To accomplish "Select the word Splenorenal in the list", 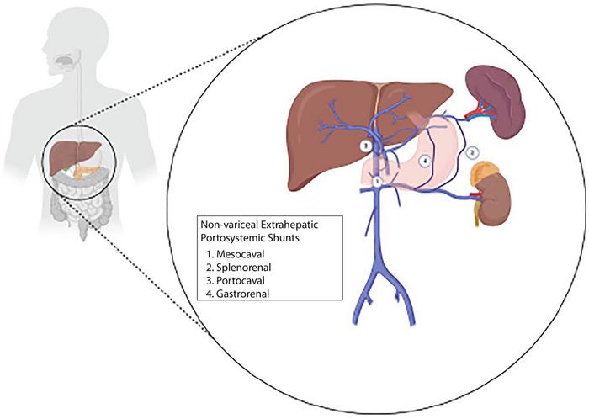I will (242, 266).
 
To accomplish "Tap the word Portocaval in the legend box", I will (240, 279).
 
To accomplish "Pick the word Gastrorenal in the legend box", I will (241, 293).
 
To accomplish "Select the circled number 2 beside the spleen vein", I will (473, 152).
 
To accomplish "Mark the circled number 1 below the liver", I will (378, 180).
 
